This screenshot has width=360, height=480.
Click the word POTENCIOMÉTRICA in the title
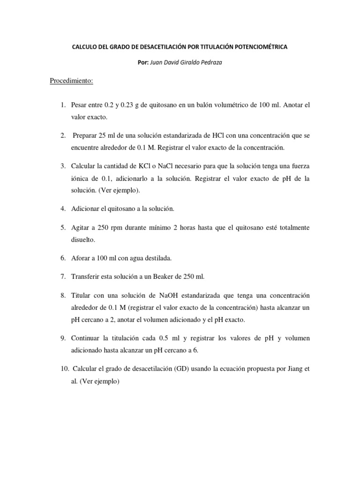tap(262, 47)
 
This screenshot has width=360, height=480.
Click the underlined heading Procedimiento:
tap(72, 81)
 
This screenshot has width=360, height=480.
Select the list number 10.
tap(65, 369)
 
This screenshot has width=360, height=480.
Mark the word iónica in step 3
tap(80, 179)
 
